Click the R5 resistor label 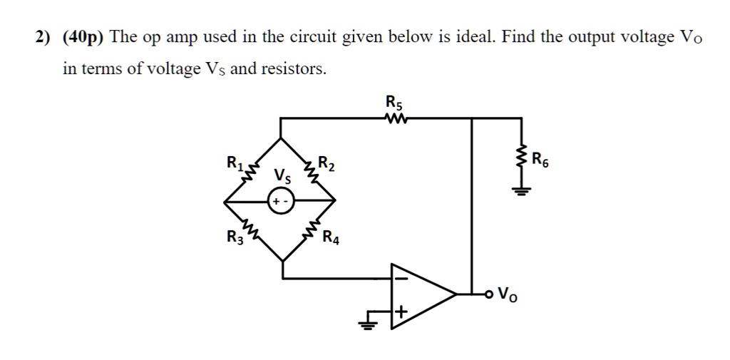pos(394,101)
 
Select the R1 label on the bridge pos(235,163)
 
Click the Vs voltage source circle pos(279,202)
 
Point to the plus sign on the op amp pos(401,312)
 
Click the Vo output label pos(508,293)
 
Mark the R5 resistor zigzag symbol pos(394,118)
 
